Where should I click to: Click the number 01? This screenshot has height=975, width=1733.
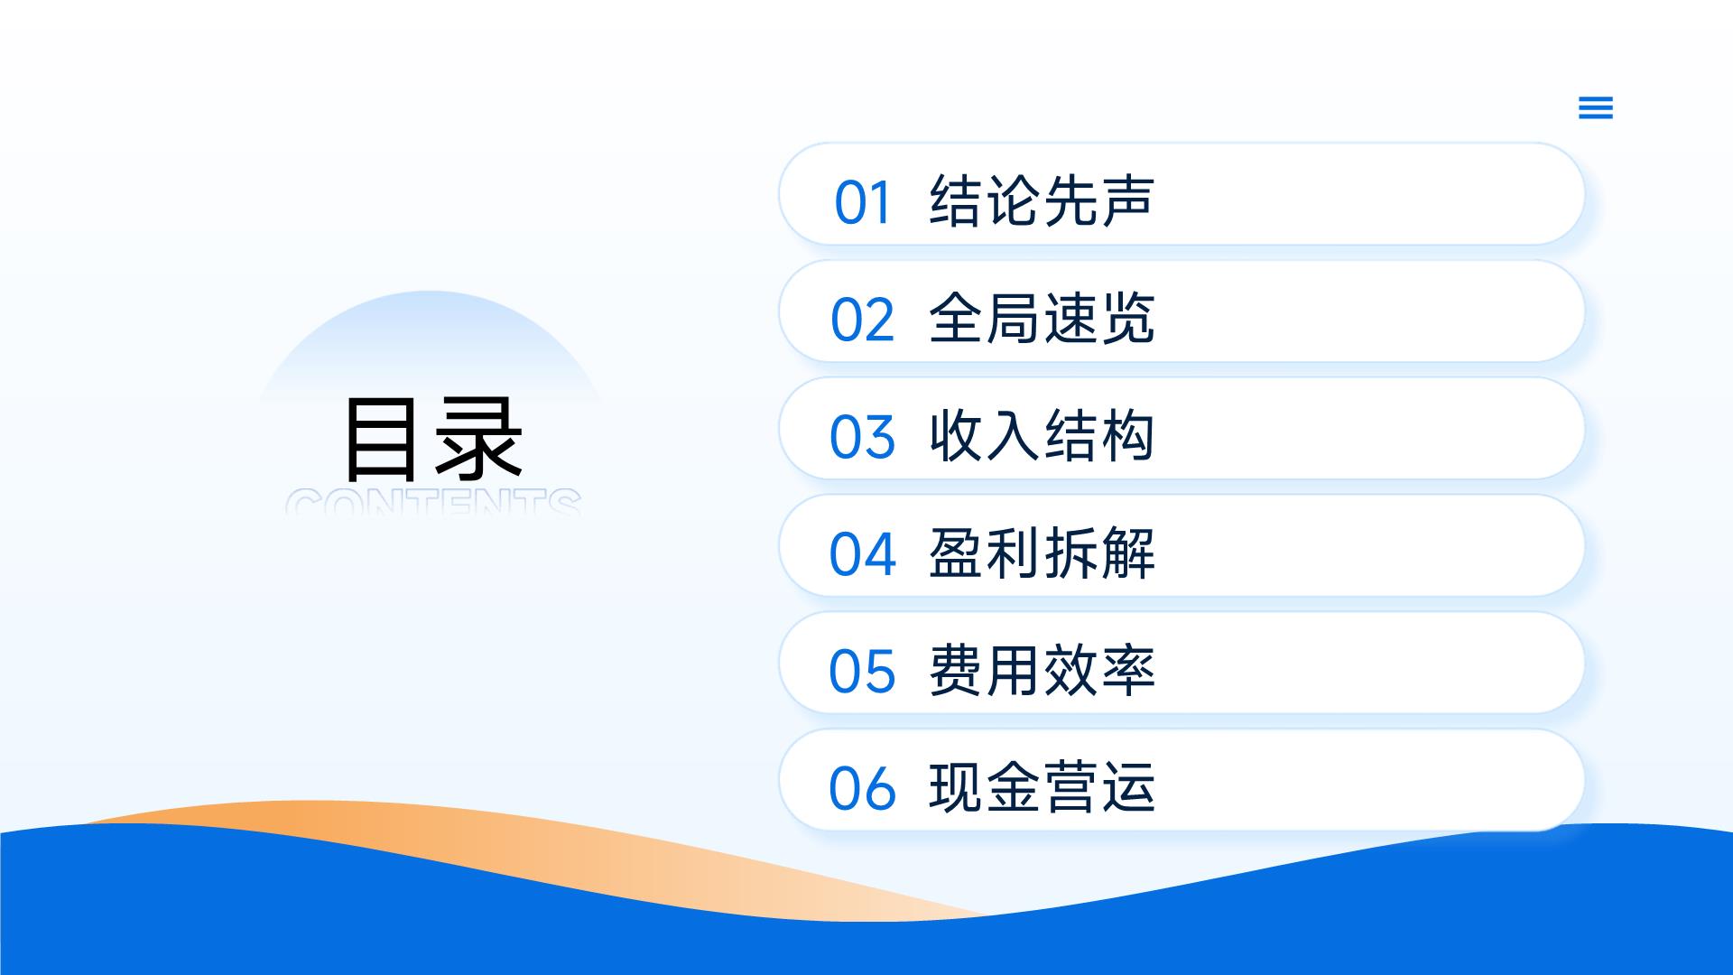coord(863,202)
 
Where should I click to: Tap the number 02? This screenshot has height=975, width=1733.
coord(863,320)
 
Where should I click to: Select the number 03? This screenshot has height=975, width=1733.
coord(863,437)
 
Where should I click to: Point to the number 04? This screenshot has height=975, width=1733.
coord(863,554)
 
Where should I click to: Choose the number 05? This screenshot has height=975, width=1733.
coord(863,672)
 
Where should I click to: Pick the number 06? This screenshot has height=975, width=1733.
coord(863,789)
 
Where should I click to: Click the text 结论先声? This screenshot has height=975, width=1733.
coord(1042,200)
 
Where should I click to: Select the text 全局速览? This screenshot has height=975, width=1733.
coord(1042,318)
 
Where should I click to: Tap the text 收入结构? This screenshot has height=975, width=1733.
coord(1042,435)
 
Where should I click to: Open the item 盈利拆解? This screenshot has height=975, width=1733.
coord(1042,552)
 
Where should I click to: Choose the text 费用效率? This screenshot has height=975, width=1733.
coord(1042,670)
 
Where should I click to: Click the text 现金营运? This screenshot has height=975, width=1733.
coord(1042,787)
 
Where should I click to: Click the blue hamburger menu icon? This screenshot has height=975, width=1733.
coord(1595,107)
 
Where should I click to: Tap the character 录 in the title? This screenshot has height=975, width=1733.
coord(478,440)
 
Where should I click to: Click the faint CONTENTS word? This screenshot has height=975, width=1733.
coord(433,502)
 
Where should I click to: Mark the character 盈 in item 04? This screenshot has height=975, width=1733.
coord(957,552)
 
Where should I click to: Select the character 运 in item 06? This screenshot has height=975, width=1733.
coord(1127,787)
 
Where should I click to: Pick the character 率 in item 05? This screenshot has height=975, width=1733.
coord(1127,670)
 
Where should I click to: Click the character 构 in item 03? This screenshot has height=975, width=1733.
coord(1127,435)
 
